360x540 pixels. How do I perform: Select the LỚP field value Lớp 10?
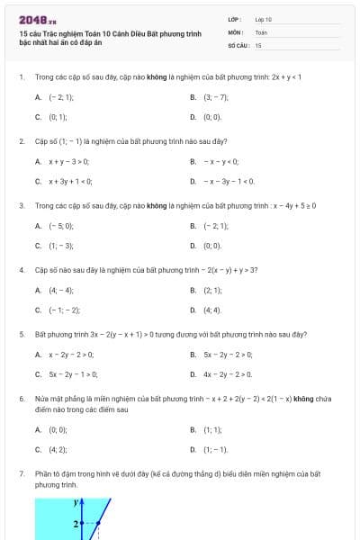(263, 19)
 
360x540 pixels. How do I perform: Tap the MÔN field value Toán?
(261, 31)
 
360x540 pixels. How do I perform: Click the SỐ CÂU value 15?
(258, 44)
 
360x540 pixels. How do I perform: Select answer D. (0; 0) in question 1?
(211, 117)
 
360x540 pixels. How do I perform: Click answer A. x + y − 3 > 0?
(67, 161)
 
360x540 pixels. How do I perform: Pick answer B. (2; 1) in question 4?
(211, 290)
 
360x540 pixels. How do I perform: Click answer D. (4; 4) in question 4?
(211, 310)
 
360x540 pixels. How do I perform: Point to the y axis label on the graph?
(77, 506)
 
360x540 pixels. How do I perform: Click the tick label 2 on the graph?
(76, 523)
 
